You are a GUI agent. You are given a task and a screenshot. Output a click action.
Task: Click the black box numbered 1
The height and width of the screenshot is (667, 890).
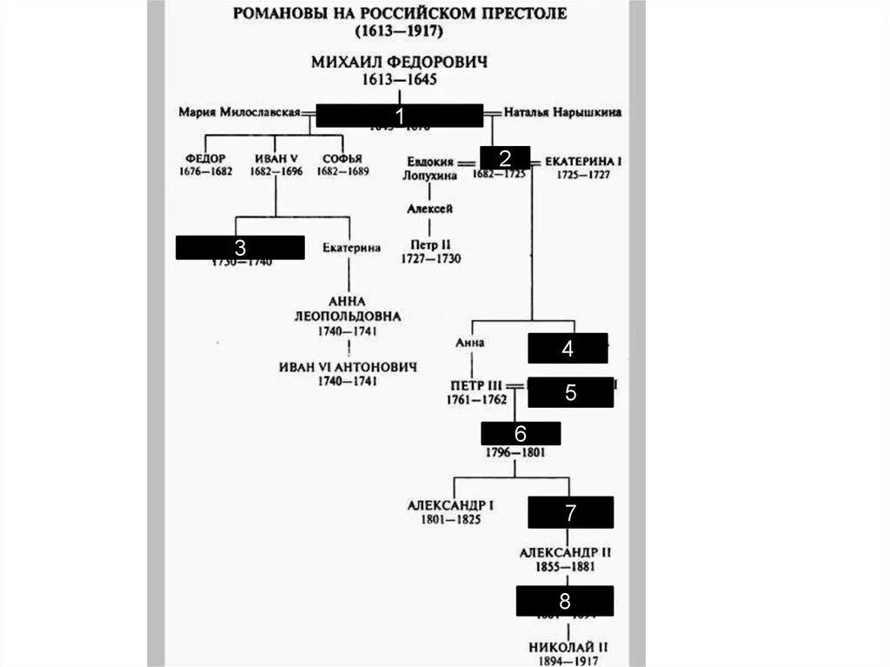coord(399,116)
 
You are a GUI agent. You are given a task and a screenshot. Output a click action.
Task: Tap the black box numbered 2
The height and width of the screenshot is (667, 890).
coord(503,157)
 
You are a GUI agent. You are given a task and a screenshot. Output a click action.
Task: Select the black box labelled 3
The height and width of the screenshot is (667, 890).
coord(240,247)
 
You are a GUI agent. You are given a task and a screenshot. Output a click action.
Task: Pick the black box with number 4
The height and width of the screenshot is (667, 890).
coord(568,348)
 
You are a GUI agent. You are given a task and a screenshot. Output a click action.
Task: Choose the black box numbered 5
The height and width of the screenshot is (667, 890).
coord(570,391)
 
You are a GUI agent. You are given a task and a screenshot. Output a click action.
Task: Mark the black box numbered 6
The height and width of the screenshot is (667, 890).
coord(521,433)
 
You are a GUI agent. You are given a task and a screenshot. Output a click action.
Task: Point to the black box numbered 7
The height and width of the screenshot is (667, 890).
coord(570,512)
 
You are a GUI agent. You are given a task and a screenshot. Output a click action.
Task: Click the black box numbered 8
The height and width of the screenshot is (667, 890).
coord(565,601)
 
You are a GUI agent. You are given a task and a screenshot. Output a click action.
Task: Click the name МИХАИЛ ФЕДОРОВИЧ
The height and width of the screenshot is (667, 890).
coord(399,63)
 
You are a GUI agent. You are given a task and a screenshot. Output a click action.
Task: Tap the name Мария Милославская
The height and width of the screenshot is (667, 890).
coord(239,112)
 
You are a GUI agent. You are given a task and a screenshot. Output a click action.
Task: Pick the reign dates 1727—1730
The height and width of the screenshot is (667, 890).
coord(430,259)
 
